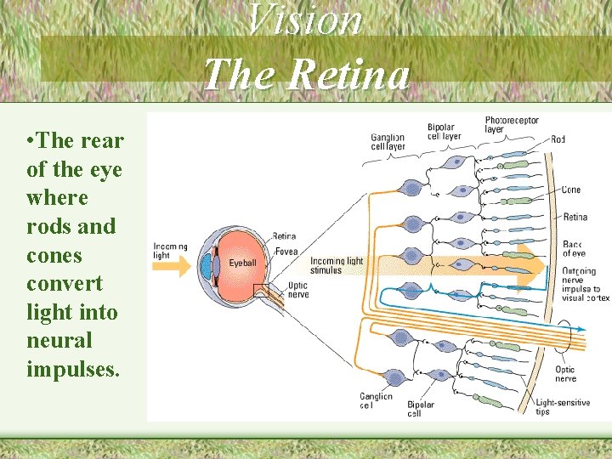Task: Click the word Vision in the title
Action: pos(305,20)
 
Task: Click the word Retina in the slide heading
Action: pos(348,74)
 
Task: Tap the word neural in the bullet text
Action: pos(57,341)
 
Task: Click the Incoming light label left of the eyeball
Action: pos(170,250)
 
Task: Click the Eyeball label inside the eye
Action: pos(242,263)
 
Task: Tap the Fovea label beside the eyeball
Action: pos(286,252)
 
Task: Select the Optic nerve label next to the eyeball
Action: pos(298,290)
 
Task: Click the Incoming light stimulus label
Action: pos(337,265)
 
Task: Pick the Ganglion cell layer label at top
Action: pos(388,142)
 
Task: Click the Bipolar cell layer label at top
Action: pos(444,131)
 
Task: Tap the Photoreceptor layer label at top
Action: pos(512,125)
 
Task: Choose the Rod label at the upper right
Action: pos(558,139)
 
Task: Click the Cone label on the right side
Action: pos(571,190)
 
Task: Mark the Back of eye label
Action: pos(573,249)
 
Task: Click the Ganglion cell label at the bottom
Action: pos(376,400)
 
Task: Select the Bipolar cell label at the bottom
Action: pos(421,409)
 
